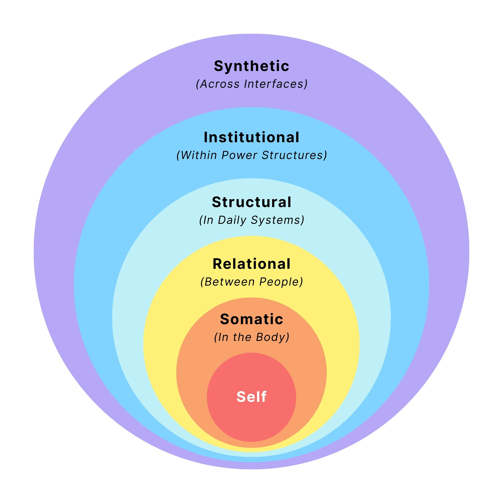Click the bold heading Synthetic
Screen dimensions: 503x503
click(x=251, y=67)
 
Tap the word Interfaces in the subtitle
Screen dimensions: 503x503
click(x=275, y=84)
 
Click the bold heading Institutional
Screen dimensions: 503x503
click(x=251, y=137)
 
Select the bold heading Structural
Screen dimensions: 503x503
click(x=251, y=202)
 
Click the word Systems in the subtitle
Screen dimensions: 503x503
click(x=277, y=220)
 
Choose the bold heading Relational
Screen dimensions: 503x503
click(x=251, y=264)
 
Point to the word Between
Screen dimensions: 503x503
click(x=229, y=282)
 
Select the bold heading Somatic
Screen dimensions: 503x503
click(x=251, y=319)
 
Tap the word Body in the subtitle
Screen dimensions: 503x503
click(x=271, y=337)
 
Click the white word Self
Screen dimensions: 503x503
click(x=251, y=397)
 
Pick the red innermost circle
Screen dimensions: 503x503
click(x=251, y=419)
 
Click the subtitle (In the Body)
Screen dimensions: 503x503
click(x=251, y=337)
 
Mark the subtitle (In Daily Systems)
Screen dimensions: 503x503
click(x=251, y=220)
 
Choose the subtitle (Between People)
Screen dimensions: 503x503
click(x=251, y=282)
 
